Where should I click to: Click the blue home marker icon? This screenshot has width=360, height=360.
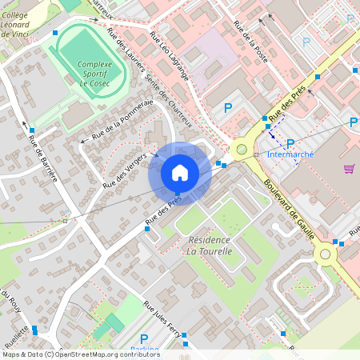(180, 172)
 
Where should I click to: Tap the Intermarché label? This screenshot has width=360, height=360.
(290, 154)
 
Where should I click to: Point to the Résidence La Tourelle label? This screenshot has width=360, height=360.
(210, 246)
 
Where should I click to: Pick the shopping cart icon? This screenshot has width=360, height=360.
(349, 168)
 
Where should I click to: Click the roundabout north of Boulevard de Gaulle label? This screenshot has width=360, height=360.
(239, 148)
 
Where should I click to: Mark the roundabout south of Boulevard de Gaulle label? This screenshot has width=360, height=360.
(326, 254)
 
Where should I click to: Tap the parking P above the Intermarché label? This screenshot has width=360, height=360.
(290, 143)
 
